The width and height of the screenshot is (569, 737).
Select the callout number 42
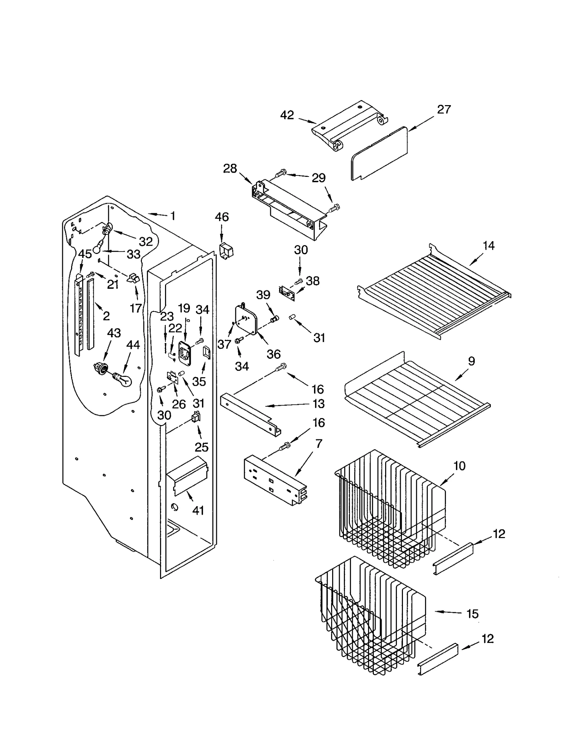tap(287, 115)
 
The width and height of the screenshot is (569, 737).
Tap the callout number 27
tap(444, 109)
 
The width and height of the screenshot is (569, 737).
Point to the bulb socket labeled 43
tap(101, 368)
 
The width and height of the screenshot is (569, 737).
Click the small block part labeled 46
tap(226, 251)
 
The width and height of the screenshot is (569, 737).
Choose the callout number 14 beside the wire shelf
tap(489, 245)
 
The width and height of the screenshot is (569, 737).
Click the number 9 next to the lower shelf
tap(471, 361)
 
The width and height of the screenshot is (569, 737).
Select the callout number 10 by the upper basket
tap(459, 466)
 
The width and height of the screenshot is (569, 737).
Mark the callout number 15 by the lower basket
tap(472, 614)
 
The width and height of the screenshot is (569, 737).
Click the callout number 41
tap(198, 511)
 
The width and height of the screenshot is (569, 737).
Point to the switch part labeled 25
tap(196, 417)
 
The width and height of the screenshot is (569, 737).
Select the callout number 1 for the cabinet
tap(173, 216)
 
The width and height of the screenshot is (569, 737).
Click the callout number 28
tap(230, 168)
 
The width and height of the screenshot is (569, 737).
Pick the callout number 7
tap(319, 444)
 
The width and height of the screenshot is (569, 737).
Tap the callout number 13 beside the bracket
tap(319, 404)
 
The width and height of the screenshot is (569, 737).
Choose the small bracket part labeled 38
tap(287, 293)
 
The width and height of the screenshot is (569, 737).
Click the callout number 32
tap(146, 242)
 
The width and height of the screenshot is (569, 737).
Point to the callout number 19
tap(184, 308)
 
